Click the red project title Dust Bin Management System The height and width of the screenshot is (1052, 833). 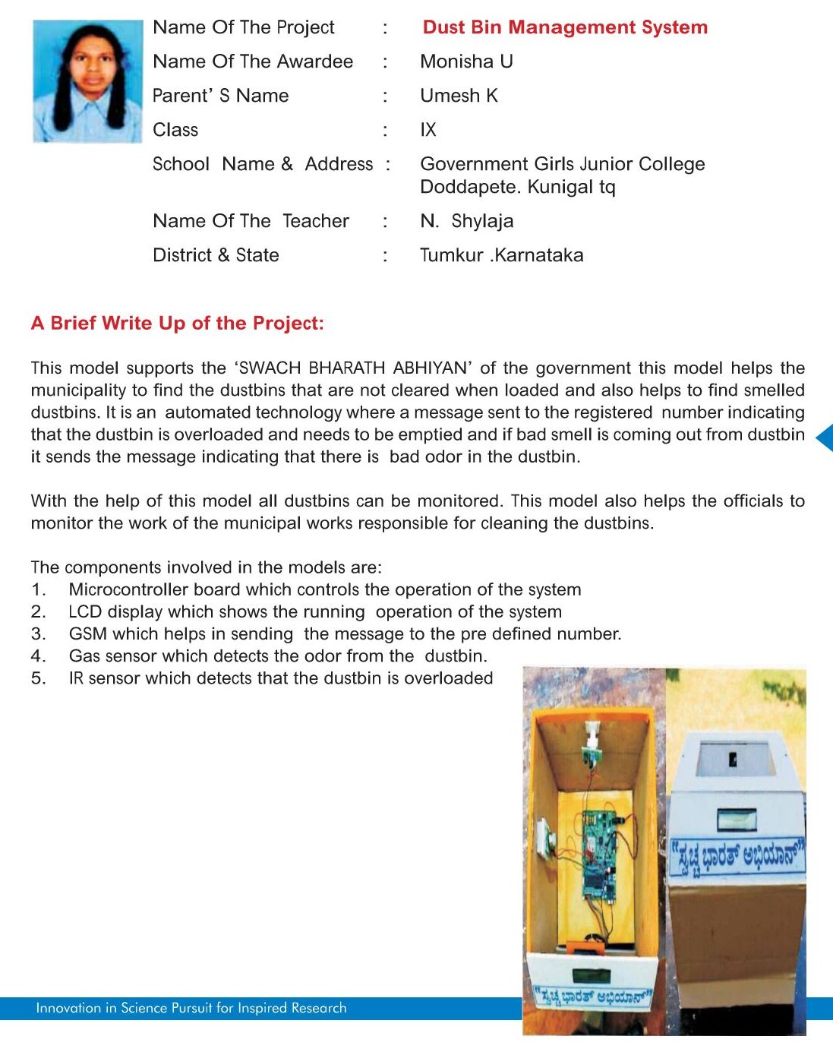click(565, 27)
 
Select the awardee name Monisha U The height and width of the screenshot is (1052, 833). click(466, 62)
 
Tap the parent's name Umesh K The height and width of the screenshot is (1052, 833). click(459, 96)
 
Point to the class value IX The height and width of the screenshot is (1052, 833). click(428, 130)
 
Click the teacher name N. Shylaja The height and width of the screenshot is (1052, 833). click(466, 221)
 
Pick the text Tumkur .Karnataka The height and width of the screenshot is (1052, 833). click(501, 255)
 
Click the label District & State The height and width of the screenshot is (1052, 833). click(216, 255)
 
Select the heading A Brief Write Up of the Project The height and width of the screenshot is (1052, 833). click(177, 323)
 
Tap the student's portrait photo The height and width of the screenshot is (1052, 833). click(87, 81)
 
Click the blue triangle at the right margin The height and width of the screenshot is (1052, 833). click(825, 438)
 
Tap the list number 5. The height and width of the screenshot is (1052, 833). click(38, 678)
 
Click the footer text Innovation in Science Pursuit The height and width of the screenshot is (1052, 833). click(191, 1008)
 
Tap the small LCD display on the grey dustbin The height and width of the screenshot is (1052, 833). click(737, 819)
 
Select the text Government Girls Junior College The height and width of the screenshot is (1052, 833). click(562, 164)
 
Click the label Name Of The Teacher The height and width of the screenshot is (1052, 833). click(251, 221)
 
